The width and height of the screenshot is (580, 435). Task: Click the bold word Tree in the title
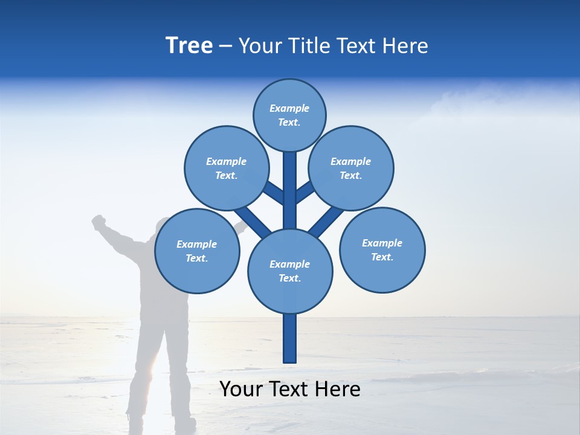coord(189,46)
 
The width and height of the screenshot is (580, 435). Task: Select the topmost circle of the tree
coord(289,115)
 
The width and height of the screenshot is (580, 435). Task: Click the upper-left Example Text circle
coord(226,168)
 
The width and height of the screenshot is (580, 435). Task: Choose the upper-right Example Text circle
coord(351,168)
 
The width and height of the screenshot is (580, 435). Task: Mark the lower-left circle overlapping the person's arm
coord(197,251)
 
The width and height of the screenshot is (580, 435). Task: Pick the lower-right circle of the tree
coord(382,250)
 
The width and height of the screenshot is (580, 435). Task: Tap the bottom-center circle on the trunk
coord(290,271)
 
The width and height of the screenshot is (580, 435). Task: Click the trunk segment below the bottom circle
coord(290,338)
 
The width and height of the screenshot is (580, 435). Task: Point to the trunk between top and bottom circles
coord(290,190)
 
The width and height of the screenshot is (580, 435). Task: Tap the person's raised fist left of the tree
coord(98,222)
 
